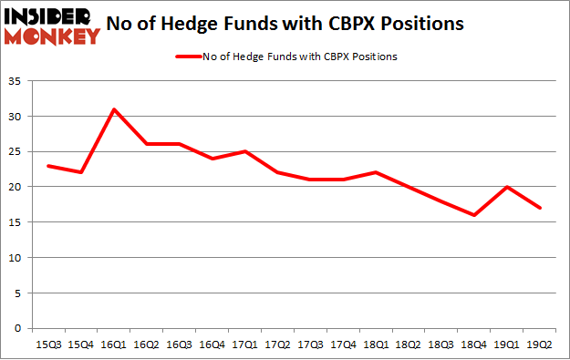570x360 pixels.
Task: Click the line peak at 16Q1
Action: coord(114,109)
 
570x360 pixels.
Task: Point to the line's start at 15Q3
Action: coord(47,166)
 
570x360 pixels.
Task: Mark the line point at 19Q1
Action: coord(507,187)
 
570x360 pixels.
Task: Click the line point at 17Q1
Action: coord(244,151)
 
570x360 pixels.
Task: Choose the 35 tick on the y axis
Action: coord(19,81)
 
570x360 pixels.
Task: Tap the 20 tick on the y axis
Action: coord(19,187)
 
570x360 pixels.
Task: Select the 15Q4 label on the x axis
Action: coord(80,344)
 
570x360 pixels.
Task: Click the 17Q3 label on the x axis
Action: coord(310,344)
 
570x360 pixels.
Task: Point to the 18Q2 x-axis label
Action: coord(409,344)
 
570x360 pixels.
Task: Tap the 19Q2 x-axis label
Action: coord(540,344)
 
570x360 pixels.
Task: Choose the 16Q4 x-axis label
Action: coord(212,344)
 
